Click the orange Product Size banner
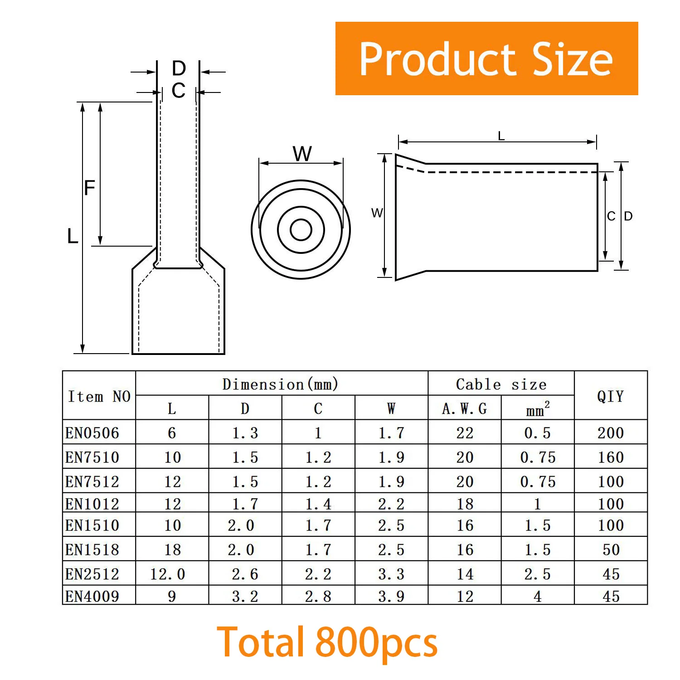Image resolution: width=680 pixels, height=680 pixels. click(486, 58)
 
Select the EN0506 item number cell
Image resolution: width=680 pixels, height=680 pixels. click(92, 433)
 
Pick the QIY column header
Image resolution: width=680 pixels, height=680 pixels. click(610, 396)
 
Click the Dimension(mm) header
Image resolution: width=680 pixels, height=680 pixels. click(281, 384)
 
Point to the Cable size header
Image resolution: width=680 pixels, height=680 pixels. click(501, 384)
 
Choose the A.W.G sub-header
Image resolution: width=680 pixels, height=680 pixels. click(464, 409)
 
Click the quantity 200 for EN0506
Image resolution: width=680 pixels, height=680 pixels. click(611, 433)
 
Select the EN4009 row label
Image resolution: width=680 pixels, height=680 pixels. click(92, 596)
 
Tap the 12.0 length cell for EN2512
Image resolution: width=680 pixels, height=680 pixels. click(168, 574)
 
